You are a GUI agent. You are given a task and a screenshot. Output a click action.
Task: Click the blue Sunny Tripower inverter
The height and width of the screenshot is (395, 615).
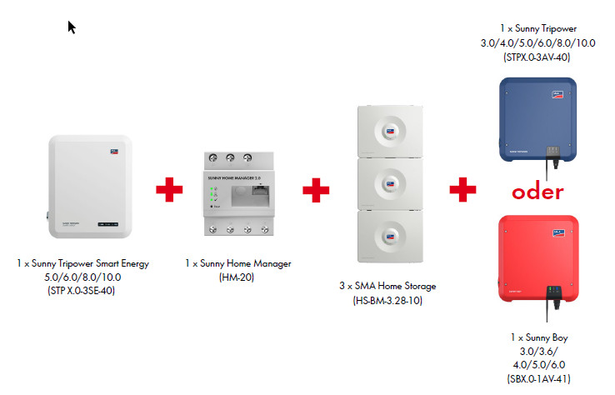pyautogui.click(x=537, y=119)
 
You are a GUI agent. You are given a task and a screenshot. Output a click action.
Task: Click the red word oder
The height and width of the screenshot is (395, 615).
pyautogui.click(x=537, y=192)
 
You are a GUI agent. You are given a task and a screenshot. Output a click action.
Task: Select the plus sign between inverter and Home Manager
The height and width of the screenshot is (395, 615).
pyautogui.click(x=169, y=190)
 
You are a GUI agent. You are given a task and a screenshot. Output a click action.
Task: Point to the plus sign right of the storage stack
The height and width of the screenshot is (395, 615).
pyautogui.click(x=463, y=190)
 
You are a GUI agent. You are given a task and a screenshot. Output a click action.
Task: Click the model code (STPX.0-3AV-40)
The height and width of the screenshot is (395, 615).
pyautogui.click(x=537, y=57)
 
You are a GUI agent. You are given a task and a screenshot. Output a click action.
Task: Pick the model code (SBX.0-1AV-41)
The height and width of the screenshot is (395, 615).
pyautogui.click(x=537, y=378)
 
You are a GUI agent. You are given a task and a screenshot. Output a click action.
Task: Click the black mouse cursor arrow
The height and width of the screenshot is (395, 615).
pyautogui.click(x=72, y=27)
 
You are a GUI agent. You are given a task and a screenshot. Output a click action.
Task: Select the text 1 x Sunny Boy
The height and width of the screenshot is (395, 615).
pyautogui.click(x=537, y=338)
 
